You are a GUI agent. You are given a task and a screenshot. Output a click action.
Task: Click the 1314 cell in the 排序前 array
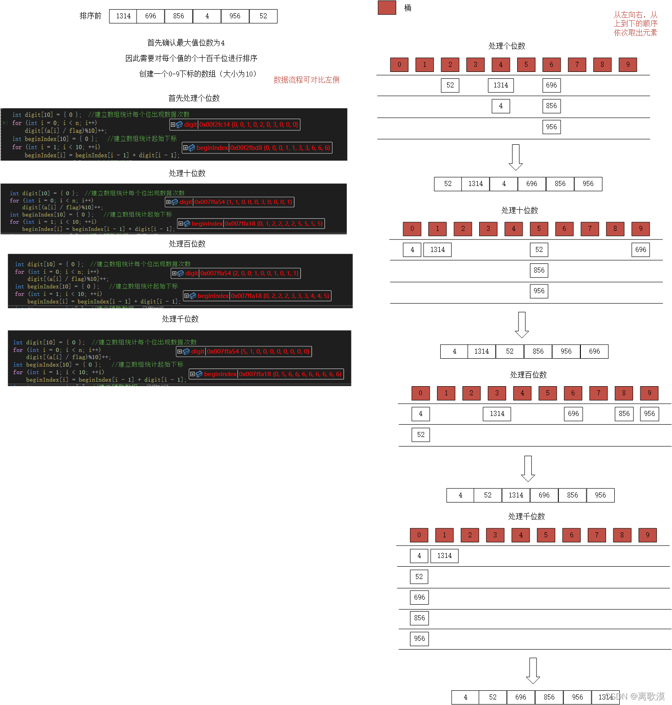coord(123,16)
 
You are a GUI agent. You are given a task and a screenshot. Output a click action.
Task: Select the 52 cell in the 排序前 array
coord(263,16)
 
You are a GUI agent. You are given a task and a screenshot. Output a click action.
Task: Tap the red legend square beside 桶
coord(387,8)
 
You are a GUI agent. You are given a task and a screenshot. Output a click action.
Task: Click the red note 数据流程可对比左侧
coord(306,80)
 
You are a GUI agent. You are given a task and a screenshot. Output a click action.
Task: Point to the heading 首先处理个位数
coord(194,98)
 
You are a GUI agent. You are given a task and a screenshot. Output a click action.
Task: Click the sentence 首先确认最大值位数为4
coord(186,43)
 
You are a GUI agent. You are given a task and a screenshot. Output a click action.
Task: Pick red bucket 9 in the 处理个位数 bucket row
coord(628,65)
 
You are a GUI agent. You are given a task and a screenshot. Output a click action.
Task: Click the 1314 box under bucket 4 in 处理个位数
coord(501,85)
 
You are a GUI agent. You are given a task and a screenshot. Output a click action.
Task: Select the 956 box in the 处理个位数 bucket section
coord(551,127)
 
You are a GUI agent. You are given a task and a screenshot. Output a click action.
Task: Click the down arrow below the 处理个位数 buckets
coord(516,157)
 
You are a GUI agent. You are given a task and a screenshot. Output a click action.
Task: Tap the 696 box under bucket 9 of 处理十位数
coord(640,250)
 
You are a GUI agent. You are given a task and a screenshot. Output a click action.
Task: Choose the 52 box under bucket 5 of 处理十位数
coord(539,250)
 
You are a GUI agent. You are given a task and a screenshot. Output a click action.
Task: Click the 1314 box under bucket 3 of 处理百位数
coord(497,414)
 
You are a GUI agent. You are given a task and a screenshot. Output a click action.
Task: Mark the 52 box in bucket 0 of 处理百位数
coord(421,435)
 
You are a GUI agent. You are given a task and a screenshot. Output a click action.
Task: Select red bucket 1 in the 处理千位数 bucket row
coord(444,535)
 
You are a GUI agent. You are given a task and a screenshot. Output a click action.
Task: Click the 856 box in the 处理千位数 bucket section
coord(419,618)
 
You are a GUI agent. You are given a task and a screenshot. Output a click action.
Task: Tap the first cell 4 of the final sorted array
coord(465,697)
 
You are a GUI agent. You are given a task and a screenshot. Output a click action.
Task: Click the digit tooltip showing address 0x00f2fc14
coord(235,125)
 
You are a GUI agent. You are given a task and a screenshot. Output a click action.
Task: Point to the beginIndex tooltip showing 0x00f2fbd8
coord(257,148)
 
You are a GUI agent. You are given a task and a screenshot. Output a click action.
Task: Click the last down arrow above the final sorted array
coord(533,671)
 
